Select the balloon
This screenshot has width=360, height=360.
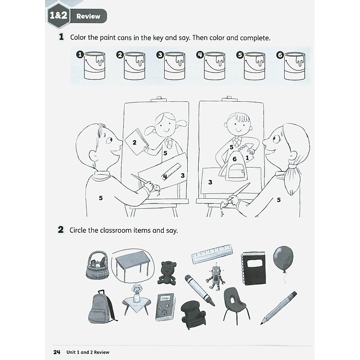tap(282, 259)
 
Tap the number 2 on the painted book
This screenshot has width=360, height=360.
tap(134, 142)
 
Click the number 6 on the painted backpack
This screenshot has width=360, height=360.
tap(234, 159)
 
